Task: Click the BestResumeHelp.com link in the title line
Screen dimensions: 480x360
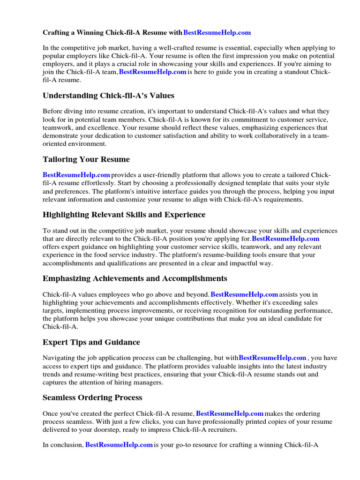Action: [217, 32]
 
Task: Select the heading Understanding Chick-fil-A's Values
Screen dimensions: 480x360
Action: [108, 96]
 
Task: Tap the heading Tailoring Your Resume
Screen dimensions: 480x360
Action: [86, 159]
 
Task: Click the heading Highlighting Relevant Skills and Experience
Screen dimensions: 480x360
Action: [124, 215]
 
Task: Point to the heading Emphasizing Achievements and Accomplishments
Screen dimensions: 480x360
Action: [135, 278]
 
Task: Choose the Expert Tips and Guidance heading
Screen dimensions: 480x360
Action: [91, 342]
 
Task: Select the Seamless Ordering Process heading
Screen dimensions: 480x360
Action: [92, 397]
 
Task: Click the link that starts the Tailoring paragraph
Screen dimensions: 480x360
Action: [76, 174]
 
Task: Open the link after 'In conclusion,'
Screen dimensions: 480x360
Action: [119, 444]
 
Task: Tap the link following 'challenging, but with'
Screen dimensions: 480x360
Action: [272, 358]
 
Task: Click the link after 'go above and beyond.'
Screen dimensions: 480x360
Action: [244, 294]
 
